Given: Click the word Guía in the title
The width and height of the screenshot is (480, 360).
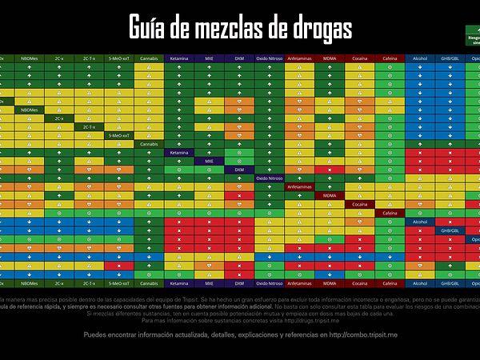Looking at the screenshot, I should pos(150,28).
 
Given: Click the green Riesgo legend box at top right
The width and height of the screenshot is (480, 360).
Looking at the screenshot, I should pos(472,37).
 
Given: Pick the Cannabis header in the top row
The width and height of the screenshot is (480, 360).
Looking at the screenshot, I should pos(149,58).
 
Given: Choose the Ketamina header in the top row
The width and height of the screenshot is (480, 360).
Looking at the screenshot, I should pos(179,58).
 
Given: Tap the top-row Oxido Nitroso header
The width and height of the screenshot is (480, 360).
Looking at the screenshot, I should pos(270,58).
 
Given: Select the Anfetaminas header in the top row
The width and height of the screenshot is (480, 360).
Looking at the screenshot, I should pos(300,58).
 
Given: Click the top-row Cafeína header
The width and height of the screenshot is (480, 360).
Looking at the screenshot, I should pos(390,58).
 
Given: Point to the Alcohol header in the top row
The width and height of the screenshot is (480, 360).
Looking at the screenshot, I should pos(420,58).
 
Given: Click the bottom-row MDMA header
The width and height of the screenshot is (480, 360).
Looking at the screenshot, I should pos(330,283).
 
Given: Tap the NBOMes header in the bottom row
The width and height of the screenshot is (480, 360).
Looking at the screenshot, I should pos(29,283).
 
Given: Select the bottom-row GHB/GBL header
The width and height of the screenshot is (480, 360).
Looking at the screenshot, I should pos(450,283).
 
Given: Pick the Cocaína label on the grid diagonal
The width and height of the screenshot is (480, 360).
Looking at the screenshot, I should pos(360,204).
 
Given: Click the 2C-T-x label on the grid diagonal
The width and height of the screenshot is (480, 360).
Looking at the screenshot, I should pos(89,126).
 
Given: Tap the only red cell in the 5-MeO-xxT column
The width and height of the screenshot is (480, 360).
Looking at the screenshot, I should pos(119,266).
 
